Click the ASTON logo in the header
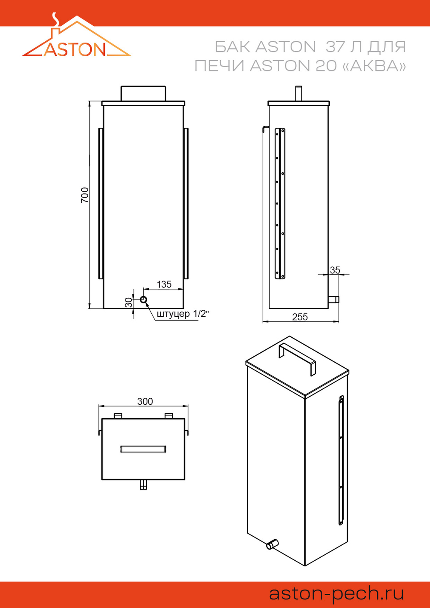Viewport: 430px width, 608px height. click(x=76, y=39)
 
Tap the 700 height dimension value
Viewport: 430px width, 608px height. click(x=85, y=195)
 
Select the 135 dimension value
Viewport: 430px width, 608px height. click(x=164, y=284)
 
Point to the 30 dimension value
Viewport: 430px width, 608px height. click(x=129, y=302)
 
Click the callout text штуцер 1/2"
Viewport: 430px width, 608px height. click(x=182, y=314)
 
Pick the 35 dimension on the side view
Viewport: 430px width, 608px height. click(x=335, y=270)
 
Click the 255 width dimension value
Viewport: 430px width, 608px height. click(x=300, y=317)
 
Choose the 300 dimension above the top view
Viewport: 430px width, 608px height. click(x=145, y=401)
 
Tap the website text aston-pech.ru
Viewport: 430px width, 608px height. click(x=336, y=593)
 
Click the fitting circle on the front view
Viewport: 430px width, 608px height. click(x=144, y=300)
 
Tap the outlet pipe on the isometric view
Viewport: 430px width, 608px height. click(x=272, y=544)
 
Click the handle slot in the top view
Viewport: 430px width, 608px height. click(x=143, y=449)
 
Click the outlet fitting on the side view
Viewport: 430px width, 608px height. click(x=333, y=299)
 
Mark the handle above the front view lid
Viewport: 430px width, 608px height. click(x=143, y=93)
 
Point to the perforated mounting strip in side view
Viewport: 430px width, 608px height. click(x=280, y=203)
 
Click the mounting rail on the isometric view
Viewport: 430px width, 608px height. click(x=341, y=460)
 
